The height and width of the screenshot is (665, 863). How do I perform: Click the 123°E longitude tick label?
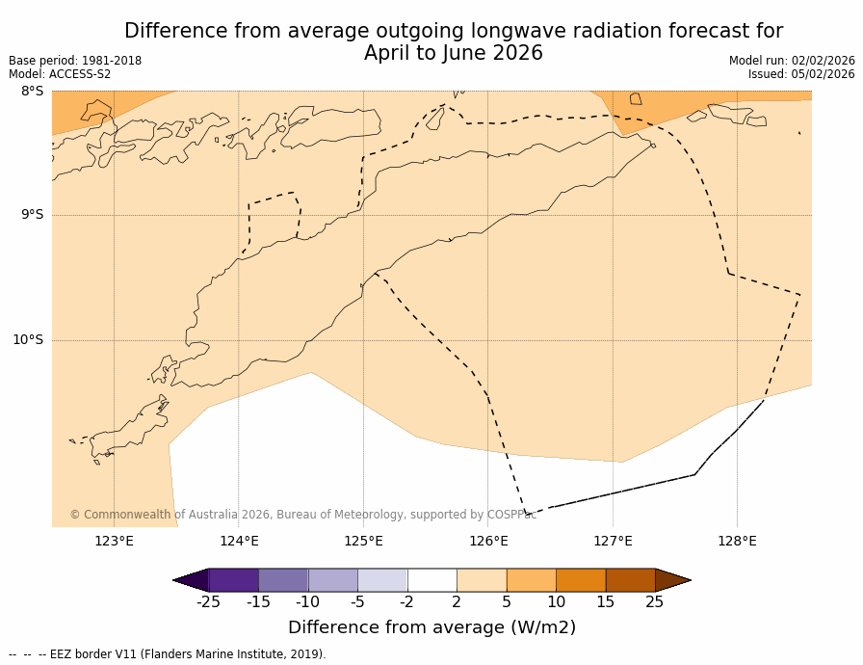(x=114, y=541)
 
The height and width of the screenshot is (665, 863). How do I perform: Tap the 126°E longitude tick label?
(x=488, y=541)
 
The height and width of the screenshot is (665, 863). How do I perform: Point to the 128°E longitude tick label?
(x=737, y=541)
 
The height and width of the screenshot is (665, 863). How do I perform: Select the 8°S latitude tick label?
(x=32, y=92)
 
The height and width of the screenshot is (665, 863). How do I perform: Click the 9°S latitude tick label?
(x=32, y=215)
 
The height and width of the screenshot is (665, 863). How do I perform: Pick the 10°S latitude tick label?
(x=28, y=339)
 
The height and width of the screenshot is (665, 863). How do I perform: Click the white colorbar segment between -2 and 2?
(x=431, y=580)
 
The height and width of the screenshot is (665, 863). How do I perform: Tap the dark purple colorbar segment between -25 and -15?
(x=233, y=580)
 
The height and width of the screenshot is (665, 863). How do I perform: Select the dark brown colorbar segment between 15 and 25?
(x=630, y=580)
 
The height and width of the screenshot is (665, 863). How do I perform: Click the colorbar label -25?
(x=208, y=602)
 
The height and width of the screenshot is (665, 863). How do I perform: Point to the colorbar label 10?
(x=556, y=602)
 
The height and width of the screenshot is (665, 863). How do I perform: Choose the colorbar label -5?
(x=357, y=602)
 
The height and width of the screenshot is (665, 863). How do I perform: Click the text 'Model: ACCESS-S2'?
(x=60, y=74)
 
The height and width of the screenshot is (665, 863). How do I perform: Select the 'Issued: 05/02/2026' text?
(x=801, y=74)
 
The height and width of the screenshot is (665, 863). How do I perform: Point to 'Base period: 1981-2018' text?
(x=75, y=61)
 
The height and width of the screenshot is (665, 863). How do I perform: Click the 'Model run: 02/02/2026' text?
(x=792, y=61)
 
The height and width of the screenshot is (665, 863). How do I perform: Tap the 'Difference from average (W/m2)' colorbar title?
(x=431, y=627)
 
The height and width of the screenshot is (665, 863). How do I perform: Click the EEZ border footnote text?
(x=168, y=654)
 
